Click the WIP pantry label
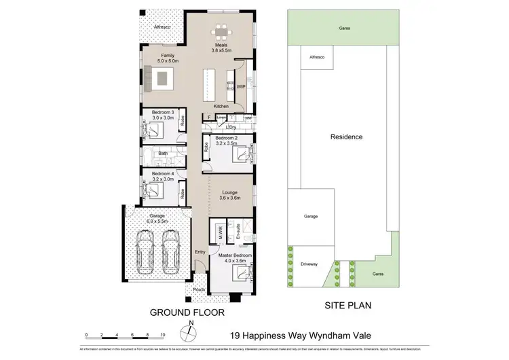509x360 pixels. pos(240,87)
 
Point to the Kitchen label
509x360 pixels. pos(221,107)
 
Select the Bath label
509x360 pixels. pos(163,154)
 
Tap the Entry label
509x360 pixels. pos(200,252)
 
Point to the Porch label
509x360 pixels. pos(199,290)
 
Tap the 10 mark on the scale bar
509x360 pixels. pos(163,336)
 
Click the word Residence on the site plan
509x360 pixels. pos(346,137)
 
